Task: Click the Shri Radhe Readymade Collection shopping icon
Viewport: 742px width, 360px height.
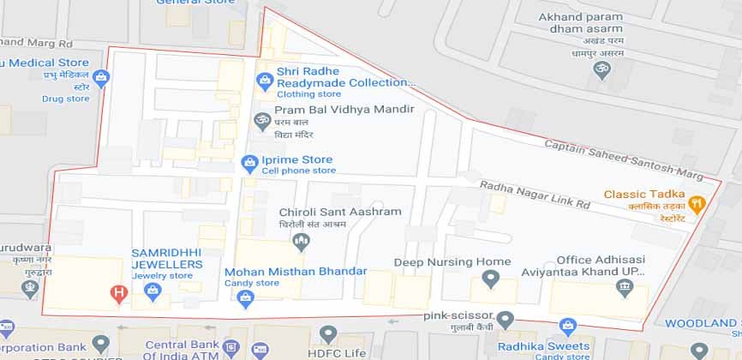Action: (x=265, y=81)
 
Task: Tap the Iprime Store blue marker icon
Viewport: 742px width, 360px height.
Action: (x=249, y=160)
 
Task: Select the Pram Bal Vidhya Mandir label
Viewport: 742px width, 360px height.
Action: (x=345, y=111)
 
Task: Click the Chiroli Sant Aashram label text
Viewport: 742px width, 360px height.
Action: (x=340, y=212)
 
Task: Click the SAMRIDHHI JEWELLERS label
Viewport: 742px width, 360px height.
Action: (x=167, y=259)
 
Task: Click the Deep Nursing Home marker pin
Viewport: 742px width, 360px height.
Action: (x=490, y=279)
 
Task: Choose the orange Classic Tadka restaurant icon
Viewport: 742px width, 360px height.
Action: (x=697, y=205)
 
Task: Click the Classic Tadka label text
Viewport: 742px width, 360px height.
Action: (x=643, y=195)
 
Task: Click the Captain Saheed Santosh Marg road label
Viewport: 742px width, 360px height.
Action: (x=623, y=159)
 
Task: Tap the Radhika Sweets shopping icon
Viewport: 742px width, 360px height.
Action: (x=567, y=326)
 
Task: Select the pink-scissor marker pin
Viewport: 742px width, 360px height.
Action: (x=506, y=320)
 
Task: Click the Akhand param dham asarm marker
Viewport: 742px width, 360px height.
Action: (x=603, y=69)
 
